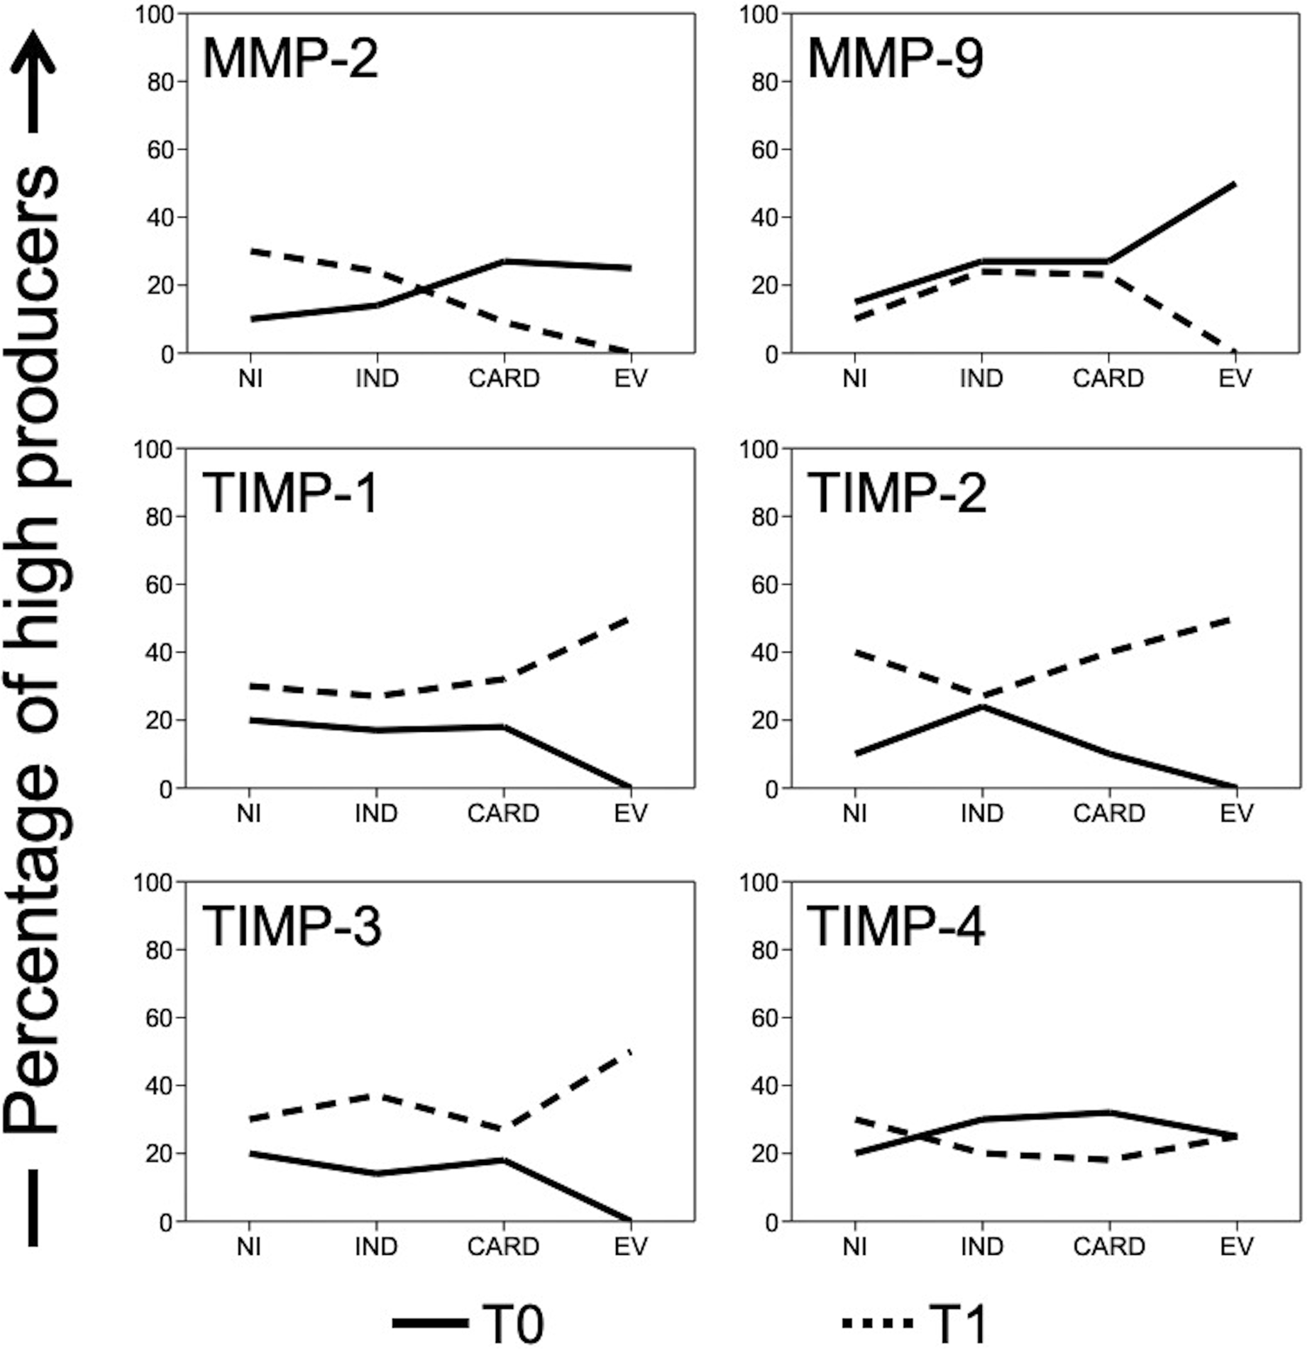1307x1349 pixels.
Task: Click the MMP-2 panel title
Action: click(290, 59)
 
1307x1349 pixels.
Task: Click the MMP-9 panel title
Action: click(895, 59)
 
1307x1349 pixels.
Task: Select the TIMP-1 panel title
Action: click(290, 493)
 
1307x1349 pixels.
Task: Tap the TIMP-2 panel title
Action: click(897, 493)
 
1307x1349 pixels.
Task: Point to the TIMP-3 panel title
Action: click(292, 925)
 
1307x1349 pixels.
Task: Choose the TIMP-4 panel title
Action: click(897, 925)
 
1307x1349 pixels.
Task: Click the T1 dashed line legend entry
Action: click(914, 1324)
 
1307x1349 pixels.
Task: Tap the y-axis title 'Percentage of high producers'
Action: click(32, 645)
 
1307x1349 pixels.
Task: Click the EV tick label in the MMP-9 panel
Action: click(1235, 379)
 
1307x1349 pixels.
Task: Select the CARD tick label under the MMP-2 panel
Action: click(504, 379)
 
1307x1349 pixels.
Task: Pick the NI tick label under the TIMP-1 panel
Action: click(249, 813)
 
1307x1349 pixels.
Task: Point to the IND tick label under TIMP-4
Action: click(982, 1247)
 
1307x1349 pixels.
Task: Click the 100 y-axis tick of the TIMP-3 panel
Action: click(153, 883)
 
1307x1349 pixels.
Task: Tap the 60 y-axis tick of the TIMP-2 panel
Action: click(764, 585)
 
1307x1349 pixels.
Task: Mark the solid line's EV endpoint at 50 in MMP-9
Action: click(1235, 184)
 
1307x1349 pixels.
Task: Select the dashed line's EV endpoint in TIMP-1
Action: click(629, 619)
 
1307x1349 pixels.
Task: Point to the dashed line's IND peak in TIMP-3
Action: click(376, 1095)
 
